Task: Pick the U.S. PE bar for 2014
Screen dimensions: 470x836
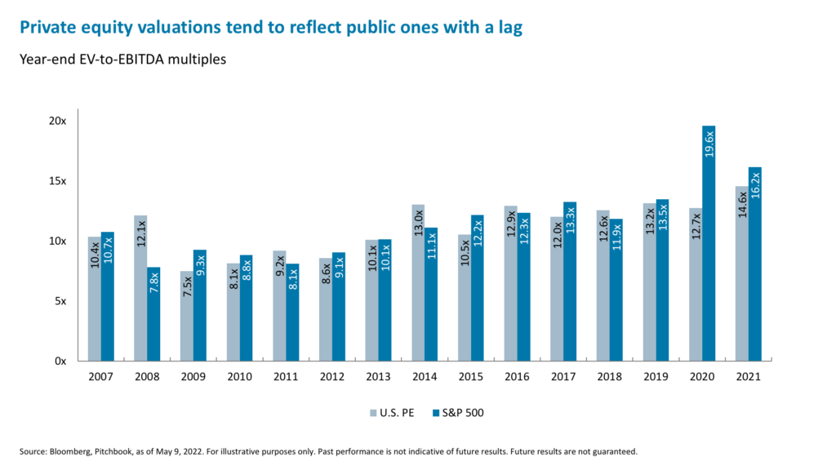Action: coord(418,282)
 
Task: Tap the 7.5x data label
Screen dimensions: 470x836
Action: coord(187,308)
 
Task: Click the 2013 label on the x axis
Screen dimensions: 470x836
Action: coord(378,377)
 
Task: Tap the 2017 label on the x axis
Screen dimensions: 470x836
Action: coord(563,377)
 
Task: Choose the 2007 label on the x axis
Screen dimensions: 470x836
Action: coord(100,377)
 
